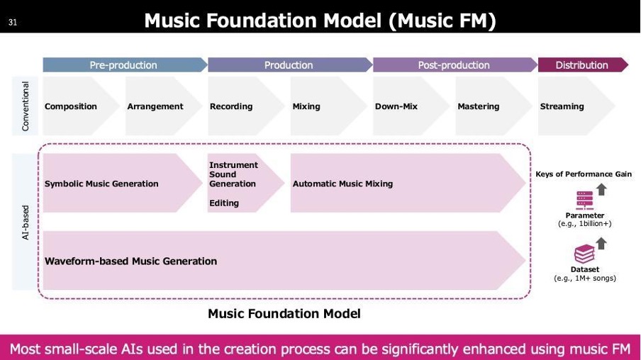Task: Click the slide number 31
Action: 13,23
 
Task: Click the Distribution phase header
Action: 583,65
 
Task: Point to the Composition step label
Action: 71,106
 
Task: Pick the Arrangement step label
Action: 155,106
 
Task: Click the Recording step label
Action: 231,106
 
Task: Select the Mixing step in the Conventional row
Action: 306,106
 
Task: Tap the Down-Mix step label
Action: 396,106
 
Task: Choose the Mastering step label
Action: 479,106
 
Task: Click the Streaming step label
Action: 562,106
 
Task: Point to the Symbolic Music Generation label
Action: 101,184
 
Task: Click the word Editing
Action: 224,203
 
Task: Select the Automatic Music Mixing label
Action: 342,184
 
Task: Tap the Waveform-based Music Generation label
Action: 130,261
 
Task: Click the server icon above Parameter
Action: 584,201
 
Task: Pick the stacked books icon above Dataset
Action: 584,254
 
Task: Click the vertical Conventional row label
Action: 26,106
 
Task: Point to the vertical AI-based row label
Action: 26,223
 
